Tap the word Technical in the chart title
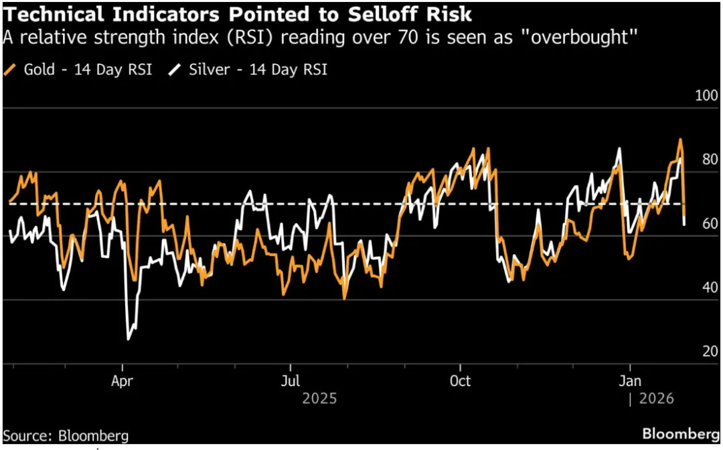point(51,13)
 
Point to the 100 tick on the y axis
point(707,96)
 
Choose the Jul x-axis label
point(290,382)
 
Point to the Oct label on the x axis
point(460,382)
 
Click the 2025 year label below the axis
point(319,399)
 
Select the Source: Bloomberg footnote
point(66,435)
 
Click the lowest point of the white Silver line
point(128,339)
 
